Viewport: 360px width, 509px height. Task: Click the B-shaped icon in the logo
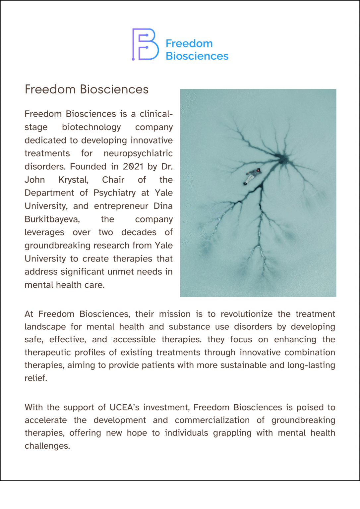[145, 44]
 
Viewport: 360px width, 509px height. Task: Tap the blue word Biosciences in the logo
[197, 56]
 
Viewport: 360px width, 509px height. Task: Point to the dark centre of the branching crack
[282, 159]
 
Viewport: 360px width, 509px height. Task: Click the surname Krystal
[73, 180]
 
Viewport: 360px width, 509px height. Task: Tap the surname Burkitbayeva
[52, 219]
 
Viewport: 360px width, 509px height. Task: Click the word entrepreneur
[121, 206]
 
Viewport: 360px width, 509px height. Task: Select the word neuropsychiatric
[138, 153]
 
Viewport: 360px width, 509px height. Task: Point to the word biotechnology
[91, 127]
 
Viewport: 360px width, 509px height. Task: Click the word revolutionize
[246, 314]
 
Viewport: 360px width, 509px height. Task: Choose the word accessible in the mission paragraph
[134, 340]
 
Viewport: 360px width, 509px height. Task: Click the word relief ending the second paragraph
[35, 378]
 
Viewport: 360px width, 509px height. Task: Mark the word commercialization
[212, 420]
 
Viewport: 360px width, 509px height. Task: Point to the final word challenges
[47, 446]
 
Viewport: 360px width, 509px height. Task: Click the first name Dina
[163, 206]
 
